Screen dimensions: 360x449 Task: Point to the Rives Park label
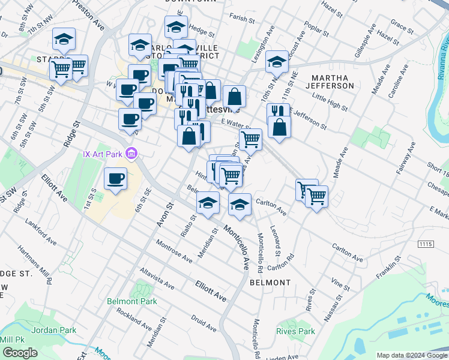point(296,331)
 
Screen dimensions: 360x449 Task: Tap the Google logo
point(20,353)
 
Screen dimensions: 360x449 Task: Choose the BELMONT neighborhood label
point(270,282)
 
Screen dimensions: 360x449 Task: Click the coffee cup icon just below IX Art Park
point(115,178)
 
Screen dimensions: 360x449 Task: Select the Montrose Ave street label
point(174,251)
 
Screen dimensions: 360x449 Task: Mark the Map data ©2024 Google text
point(412,355)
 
